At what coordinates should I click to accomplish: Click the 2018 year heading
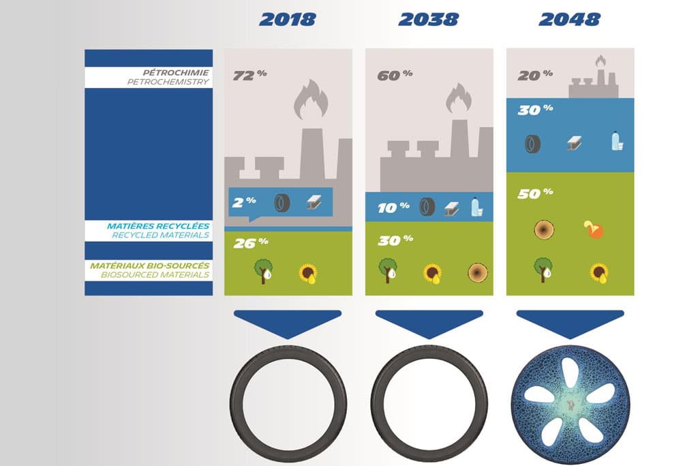pos(288,20)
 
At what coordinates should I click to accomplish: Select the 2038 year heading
pos(428,20)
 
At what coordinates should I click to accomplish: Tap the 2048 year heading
pos(569,20)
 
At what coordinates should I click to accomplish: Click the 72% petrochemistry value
pos(249,75)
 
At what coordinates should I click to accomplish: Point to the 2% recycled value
pos(245,202)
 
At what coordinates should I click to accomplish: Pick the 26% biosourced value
pos(251,243)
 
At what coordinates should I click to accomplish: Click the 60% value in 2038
pos(395,75)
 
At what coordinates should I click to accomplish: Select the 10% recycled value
pos(393,207)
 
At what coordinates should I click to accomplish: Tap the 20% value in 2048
pos(535,75)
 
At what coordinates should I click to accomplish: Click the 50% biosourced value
pos(535,193)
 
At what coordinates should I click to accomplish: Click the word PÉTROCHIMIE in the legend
pos(176,72)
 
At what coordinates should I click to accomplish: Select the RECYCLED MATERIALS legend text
pos(160,235)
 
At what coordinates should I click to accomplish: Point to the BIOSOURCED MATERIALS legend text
pos(155,274)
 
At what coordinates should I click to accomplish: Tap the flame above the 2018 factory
pos(311,100)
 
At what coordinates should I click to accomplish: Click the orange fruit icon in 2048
pos(594,229)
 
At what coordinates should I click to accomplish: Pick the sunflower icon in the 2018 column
pos(308,274)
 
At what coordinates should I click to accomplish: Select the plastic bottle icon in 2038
pos(476,207)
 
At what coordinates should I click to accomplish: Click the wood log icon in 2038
pos(478,273)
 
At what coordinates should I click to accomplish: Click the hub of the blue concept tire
pos(571,405)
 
